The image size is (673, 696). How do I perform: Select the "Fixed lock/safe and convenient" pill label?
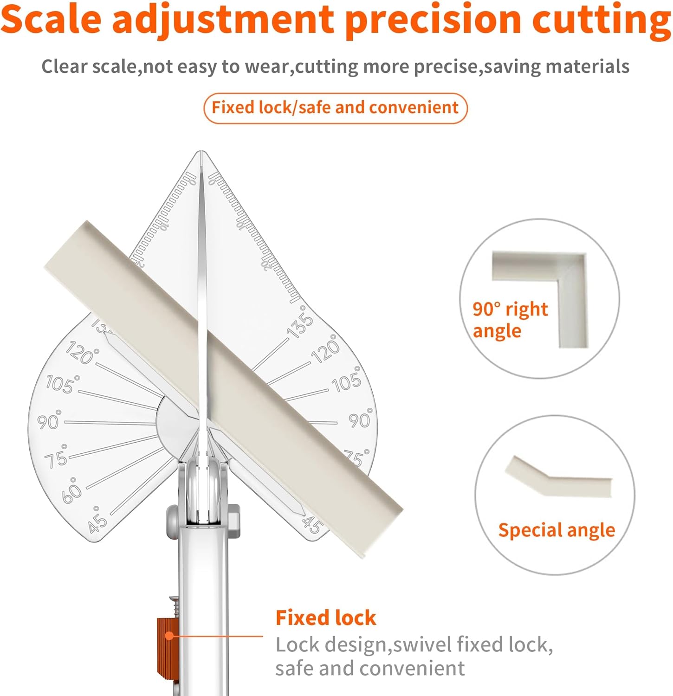335,108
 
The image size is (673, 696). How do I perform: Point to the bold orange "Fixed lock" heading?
326,618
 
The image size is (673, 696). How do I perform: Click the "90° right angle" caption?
510,320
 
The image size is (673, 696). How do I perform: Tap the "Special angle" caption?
557,530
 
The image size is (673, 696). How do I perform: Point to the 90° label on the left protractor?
49,420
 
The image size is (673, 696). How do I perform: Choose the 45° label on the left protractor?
97,520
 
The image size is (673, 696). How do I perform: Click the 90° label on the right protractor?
361,419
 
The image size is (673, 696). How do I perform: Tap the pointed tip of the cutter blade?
201,152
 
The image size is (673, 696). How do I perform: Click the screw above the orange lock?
174,606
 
